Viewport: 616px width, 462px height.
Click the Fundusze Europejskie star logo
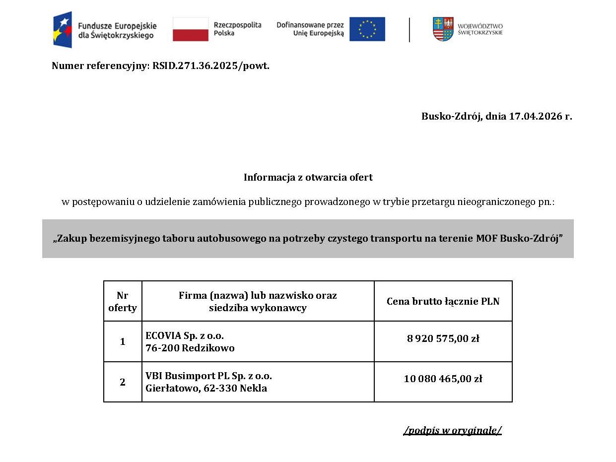point(63,29)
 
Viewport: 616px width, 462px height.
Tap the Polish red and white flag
point(191,29)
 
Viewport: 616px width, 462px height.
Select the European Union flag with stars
point(367,29)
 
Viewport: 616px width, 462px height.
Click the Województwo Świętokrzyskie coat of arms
point(443,29)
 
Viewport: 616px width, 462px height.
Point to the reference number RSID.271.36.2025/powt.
point(211,66)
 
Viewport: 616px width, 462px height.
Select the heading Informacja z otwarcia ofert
point(308,177)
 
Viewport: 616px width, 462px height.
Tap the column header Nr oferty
point(123,302)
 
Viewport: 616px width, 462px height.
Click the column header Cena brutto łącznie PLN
point(443,301)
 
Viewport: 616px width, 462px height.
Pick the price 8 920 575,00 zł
point(443,339)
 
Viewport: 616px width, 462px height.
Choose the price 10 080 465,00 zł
point(443,379)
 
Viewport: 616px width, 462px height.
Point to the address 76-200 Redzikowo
point(190,348)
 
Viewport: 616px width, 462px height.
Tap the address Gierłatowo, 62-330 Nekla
point(206,389)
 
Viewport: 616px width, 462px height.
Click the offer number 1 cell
point(123,342)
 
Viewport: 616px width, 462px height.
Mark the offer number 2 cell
point(123,382)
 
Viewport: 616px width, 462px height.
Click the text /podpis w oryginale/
point(452,430)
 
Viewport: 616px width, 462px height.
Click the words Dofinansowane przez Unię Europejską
point(310,29)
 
